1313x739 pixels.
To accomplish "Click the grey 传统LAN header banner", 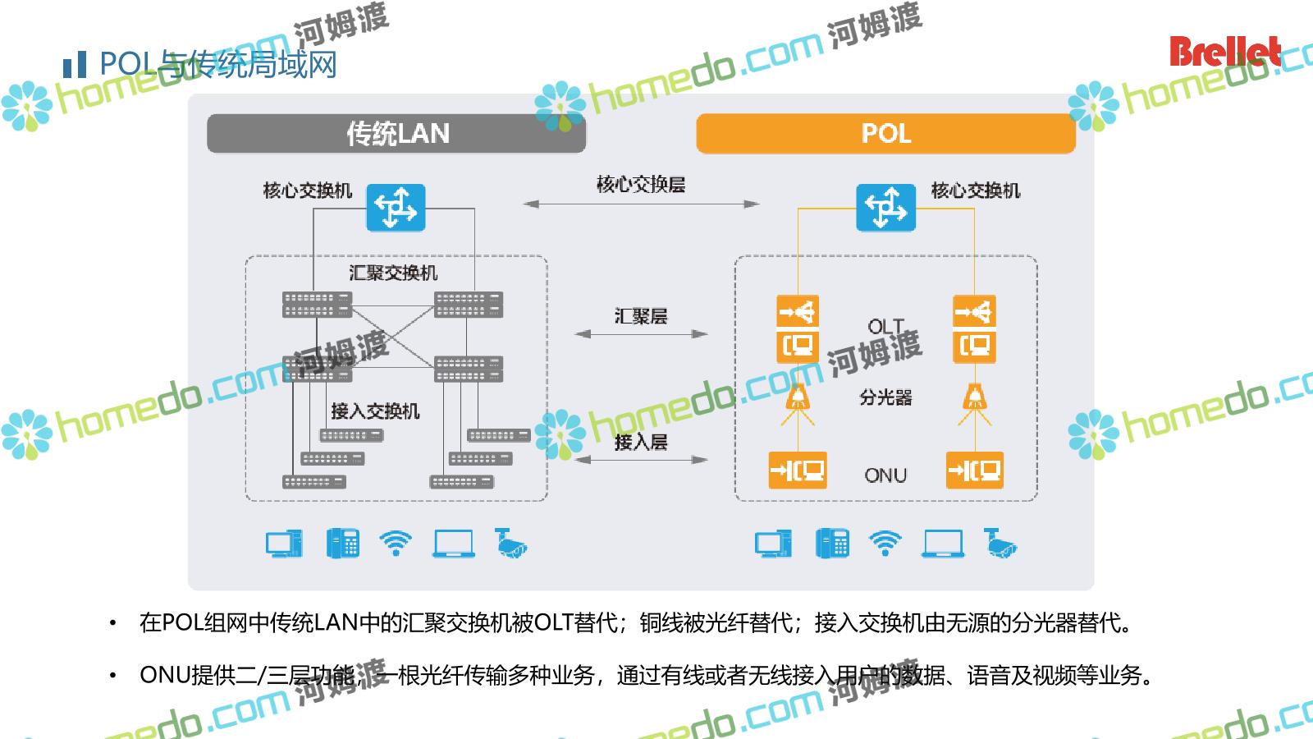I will [396, 133].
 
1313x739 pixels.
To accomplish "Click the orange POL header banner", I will [885, 133].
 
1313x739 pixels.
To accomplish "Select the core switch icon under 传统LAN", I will [396, 208].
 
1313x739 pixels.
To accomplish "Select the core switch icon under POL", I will [885, 208].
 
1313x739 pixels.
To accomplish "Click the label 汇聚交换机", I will [393, 273].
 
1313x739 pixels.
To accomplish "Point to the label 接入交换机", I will [375, 411].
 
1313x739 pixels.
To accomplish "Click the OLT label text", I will [885, 327].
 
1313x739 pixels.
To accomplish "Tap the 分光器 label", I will [885, 397].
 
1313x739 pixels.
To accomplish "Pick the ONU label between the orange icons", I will [885, 475].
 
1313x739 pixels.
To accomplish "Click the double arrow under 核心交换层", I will [641, 204].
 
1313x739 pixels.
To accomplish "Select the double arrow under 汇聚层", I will [641, 334].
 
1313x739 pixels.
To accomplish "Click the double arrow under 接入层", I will [641, 460].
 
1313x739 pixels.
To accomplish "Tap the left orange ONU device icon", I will [797, 470].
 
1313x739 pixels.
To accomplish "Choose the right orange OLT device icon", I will [974, 329].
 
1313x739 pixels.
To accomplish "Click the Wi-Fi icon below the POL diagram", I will [885, 543].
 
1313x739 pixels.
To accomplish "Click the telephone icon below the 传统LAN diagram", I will [343, 543].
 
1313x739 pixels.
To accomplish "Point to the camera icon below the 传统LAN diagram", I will [510, 543].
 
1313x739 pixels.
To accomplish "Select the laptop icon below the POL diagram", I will [943, 543].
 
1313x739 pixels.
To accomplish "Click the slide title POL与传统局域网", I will [217, 64].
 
